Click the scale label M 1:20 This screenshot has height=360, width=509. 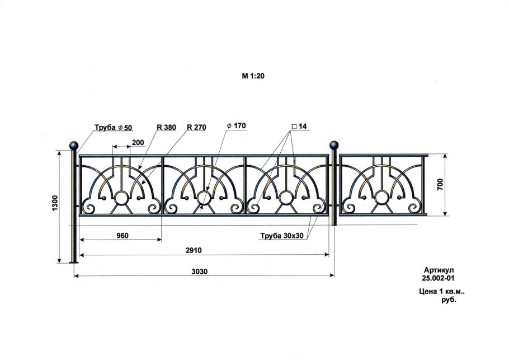(253, 76)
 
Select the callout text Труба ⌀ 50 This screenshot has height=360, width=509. (114, 127)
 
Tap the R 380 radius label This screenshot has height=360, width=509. (166, 127)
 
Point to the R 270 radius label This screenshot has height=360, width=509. (196, 127)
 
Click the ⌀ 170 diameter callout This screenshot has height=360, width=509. (236, 125)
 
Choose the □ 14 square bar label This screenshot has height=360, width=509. (299, 126)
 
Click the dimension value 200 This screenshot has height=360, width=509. (138, 142)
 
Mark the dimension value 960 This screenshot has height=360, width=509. (122, 235)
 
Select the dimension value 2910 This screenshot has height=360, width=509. (194, 250)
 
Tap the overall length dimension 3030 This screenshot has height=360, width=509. (199, 272)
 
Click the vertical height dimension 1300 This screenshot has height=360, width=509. (55, 204)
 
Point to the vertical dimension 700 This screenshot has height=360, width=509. (440, 185)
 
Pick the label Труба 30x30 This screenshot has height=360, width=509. (282, 236)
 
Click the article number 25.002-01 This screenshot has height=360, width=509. (438, 278)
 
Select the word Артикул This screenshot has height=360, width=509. (439, 270)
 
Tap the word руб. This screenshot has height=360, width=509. (449, 300)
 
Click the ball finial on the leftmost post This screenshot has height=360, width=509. (74, 145)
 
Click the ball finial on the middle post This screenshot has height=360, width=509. (334, 145)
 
